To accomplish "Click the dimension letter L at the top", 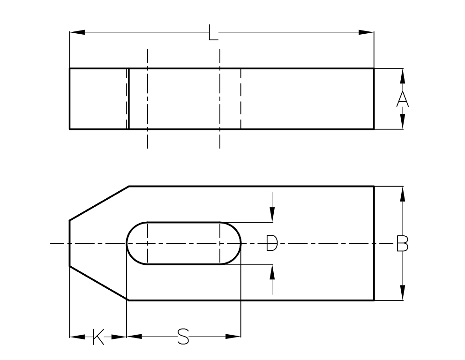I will (213, 33).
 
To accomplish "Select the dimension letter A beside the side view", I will (402, 99).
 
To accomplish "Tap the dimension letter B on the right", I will (402, 243).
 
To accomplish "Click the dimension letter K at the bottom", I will (98, 337).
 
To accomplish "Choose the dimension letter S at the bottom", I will (183, 337).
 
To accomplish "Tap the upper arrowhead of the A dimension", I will (402, 75).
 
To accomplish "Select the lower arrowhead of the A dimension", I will (402, 121).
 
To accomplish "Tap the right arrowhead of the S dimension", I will (233, 336).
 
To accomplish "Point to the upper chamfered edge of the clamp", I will (99, 203).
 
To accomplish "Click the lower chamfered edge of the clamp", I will (99, 283).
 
